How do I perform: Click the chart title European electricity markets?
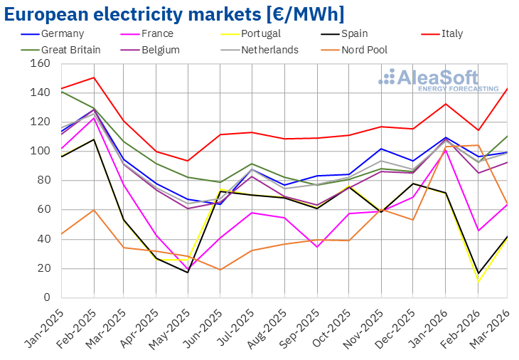pos(175,13)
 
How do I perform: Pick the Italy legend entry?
pos(451,33)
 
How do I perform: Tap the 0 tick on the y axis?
pos(46,297)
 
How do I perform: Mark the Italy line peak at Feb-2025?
pos(94,78)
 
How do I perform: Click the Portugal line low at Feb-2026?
pos(478,282)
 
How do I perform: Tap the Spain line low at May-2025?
pos(188,272)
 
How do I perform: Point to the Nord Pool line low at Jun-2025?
pos(220,270)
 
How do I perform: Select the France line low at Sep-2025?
pos(316,246)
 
